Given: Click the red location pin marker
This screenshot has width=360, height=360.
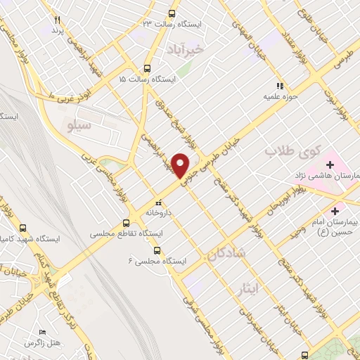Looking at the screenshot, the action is click(181, 165).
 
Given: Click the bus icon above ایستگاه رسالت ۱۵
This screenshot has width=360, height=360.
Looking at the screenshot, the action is click(147, 69).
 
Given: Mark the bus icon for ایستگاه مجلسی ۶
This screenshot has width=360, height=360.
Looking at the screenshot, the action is click(157, 250).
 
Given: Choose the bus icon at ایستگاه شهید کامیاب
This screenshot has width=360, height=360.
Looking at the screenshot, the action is click(23, 229).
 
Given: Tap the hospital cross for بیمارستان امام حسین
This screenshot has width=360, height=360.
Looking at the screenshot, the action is click(335, 210).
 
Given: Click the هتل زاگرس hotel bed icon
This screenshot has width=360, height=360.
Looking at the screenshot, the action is click(43, 331).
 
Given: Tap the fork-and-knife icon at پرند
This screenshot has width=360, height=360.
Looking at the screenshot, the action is click(58, 20).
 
